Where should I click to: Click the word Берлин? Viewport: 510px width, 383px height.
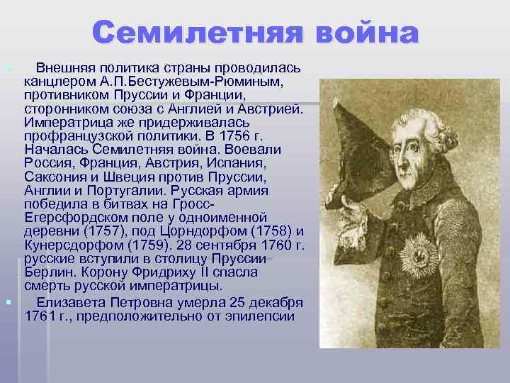pos(47,272)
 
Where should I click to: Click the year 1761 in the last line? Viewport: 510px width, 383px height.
pos(40,314)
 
